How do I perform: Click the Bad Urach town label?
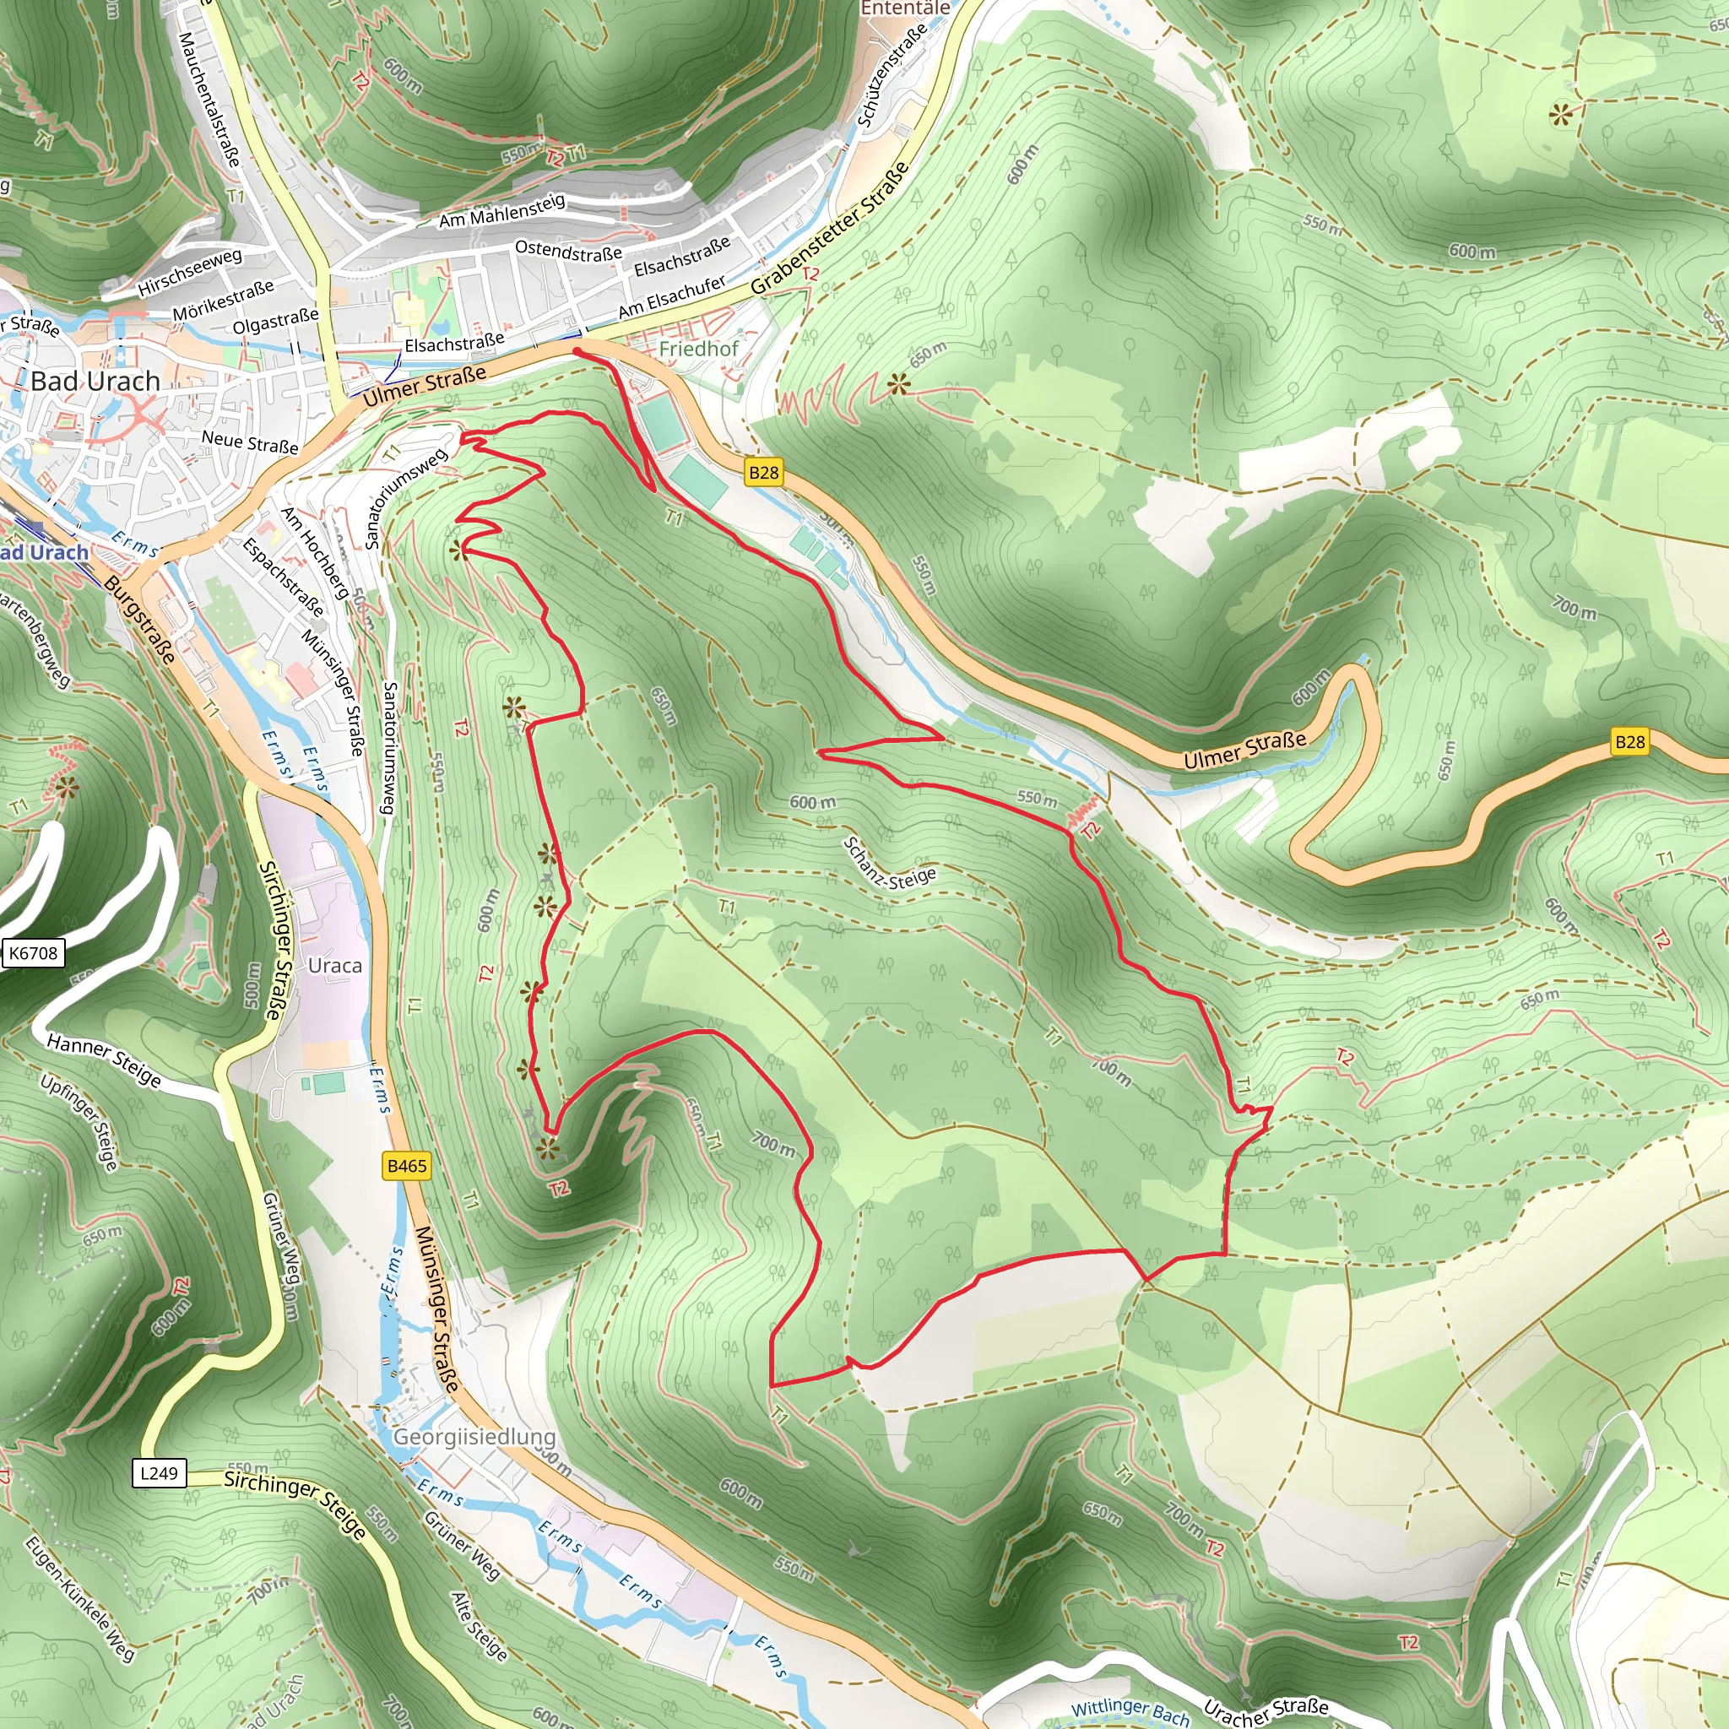[x=95, y=382]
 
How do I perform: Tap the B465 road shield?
[x=406, y=1165]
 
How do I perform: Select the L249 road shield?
[x=160, y=1472]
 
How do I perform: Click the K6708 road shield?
[x=33, y=953]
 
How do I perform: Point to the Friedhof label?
[x=698, y=349]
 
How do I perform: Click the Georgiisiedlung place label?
[x=474, y=1436]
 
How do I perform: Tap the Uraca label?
[x=334, y=966]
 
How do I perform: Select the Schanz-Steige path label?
[x=889, y=864]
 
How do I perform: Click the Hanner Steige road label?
[x=104, y=1060]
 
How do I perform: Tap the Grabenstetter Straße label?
[x=830, y=228]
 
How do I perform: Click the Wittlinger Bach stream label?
[x=1130, y=1712]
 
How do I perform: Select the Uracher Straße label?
[x=1266, y=1710]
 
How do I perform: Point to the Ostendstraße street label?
[x=568, y=252]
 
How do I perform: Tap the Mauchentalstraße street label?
[x=209, y=99]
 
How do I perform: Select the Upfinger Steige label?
[x=79, y=1122]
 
